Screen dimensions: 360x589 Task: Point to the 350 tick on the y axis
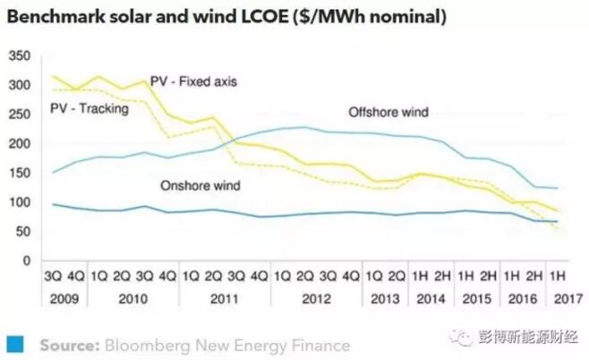click(20, 56)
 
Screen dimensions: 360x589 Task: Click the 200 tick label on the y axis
click(20, 143)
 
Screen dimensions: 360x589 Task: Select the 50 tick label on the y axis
click(22, 231)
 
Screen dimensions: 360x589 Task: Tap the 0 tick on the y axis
click(26, 261)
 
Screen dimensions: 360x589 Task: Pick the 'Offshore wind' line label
click(388, 113)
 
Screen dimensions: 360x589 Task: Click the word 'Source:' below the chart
click(68, 345)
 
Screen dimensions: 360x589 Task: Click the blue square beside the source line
click(14, 344)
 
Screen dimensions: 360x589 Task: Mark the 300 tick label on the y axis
click(20, 85)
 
